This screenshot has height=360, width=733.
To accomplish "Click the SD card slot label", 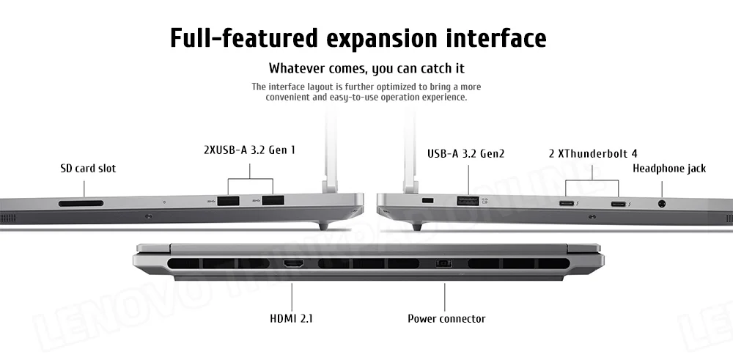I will (88, 169).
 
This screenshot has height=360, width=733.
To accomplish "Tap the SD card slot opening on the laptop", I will (81, 202).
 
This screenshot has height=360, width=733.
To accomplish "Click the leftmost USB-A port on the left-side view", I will (229, 200).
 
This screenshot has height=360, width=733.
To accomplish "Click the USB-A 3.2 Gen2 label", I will (466, 153).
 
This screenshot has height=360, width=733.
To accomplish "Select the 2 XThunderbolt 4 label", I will (592, 153).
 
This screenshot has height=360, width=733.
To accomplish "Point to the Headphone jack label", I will (668, 169).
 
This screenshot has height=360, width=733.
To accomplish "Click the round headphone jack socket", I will (663, 205).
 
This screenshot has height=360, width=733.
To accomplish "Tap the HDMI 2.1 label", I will (292, 318).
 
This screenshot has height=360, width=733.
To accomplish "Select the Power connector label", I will (446, 318).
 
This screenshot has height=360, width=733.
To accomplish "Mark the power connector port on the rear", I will (444, 263).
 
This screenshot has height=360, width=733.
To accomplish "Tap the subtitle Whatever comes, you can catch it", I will (366, 69).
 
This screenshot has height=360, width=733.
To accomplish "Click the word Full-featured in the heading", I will (235, 37).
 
